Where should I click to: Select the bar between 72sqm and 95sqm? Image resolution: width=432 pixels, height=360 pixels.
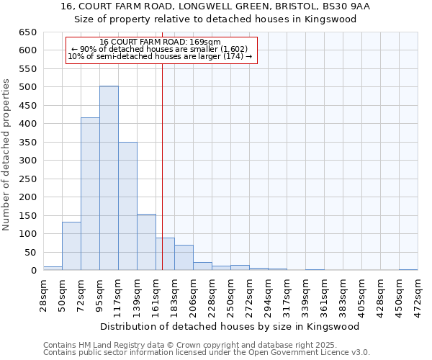click(x=90, y=194)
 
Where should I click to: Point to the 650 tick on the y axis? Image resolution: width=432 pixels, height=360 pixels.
click(x=28, y=32)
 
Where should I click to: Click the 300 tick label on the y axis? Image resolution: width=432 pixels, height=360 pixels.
click(x=28, y=161)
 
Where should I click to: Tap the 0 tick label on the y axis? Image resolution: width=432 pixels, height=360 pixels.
click(x=34, y=271)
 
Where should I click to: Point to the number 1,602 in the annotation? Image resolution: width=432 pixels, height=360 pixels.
click(x=234, y=49)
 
